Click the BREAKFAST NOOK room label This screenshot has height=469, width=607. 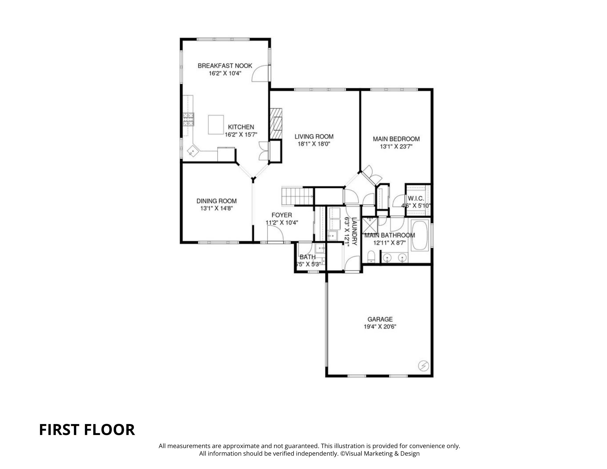[225, 66]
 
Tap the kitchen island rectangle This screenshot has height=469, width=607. [216, 124]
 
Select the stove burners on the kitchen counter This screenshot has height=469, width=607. [188, 119]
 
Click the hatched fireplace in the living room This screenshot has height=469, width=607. [276, 124]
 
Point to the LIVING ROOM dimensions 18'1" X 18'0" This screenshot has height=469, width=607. [314, 144]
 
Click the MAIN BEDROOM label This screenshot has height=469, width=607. [396, 139]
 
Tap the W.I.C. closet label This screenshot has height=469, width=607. [416, 199]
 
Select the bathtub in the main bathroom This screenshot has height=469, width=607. [420, 236]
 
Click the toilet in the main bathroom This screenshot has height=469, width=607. [371, 257]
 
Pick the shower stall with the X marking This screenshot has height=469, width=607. [370, 225]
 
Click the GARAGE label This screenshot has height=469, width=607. [380, 319]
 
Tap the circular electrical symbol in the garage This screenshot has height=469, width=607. [423, 365]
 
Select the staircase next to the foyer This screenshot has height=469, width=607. [298, 196]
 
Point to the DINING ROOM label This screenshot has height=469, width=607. [216, 201]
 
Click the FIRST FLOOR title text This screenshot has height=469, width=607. [87, 430]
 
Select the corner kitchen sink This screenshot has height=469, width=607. [192, 150]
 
